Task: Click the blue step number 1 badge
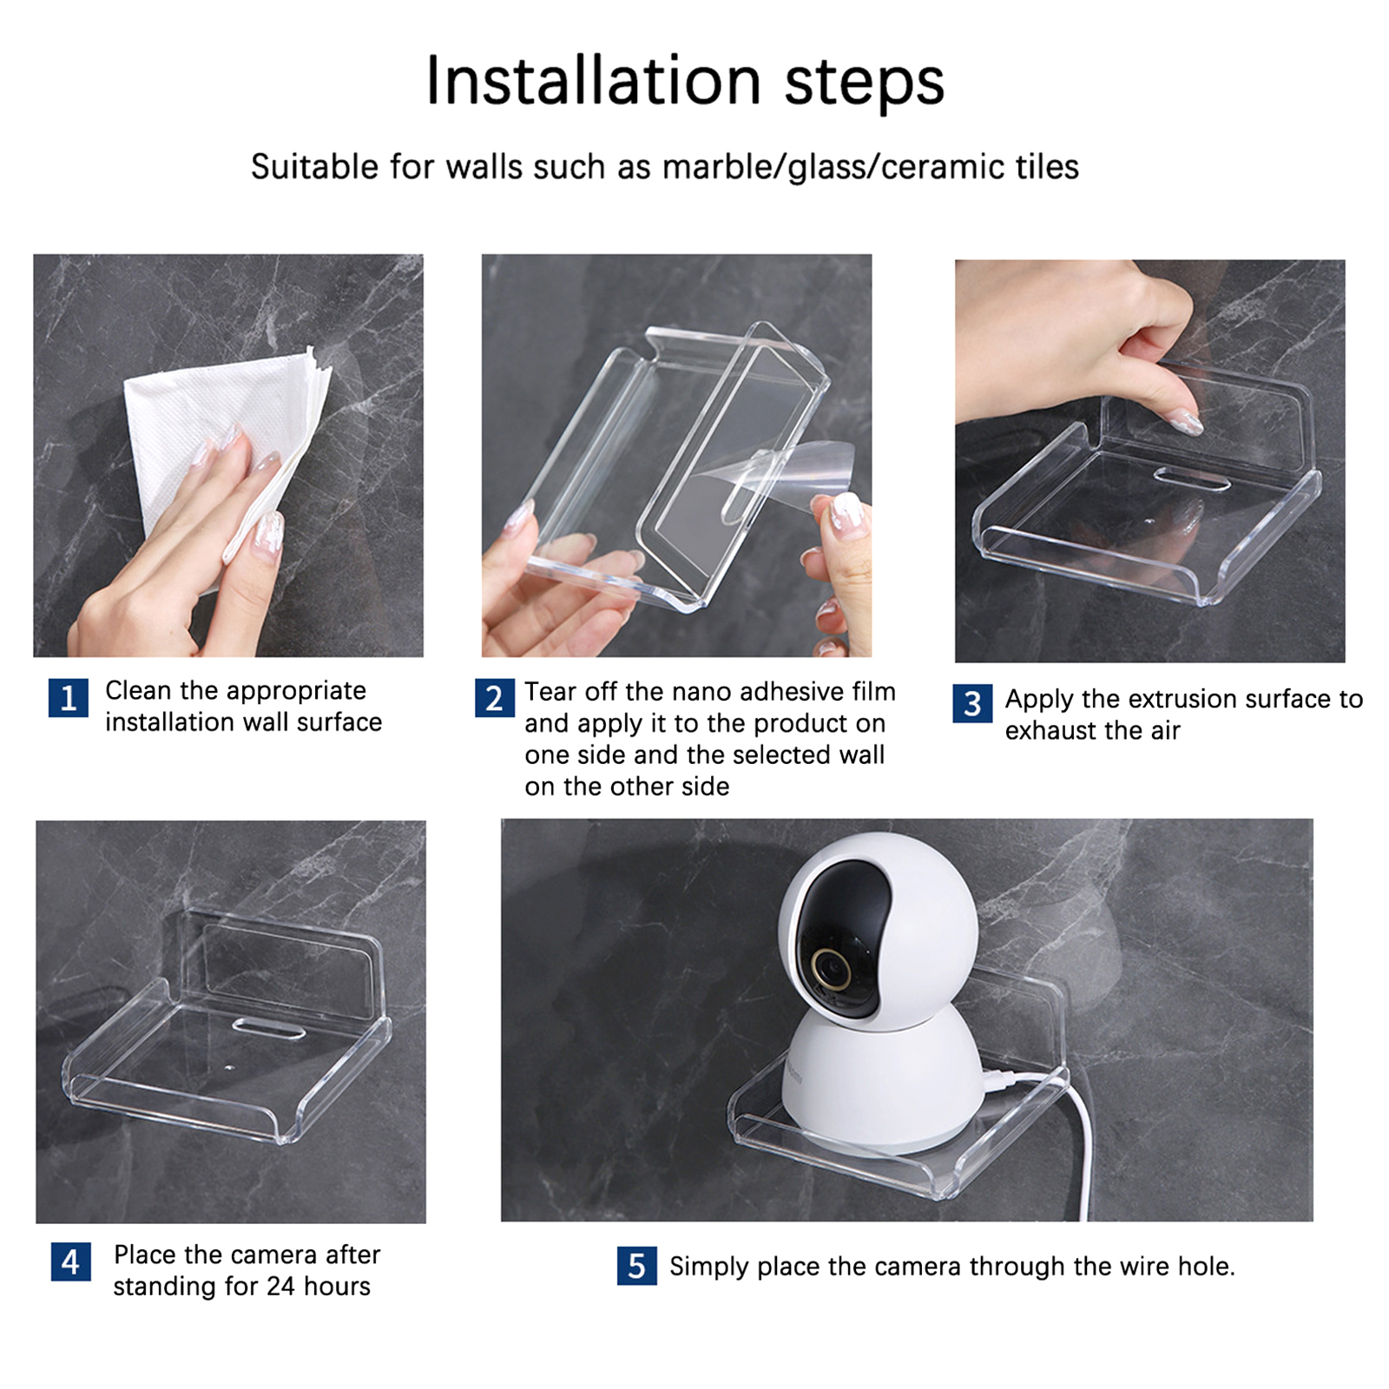coord(69,699)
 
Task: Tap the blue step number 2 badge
coord(495,699)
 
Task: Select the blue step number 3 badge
coord(972,704)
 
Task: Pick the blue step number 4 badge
coord(71,1261)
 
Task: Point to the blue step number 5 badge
coord(637,1266)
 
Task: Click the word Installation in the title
coord(594,82)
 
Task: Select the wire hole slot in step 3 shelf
coord(1191,478)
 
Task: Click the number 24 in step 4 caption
coord(281,1286)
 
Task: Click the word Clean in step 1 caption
coord(138,690)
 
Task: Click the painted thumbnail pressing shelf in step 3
coord(1185,424)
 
